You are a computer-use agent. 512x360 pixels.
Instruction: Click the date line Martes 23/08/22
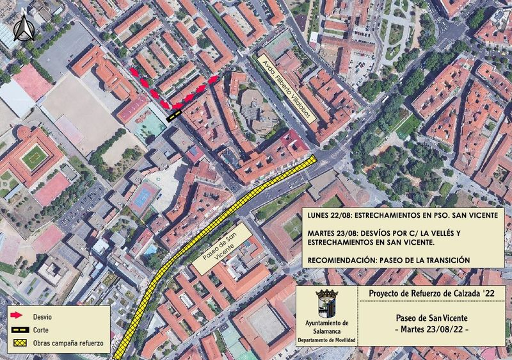[x=431, y=329]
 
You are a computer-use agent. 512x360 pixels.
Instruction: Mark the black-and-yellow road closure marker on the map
[x=173, y=115]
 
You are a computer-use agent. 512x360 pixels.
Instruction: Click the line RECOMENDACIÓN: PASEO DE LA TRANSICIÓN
[x=389, y=260]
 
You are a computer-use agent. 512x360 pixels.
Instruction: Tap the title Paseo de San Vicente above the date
[x=431, y=318]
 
